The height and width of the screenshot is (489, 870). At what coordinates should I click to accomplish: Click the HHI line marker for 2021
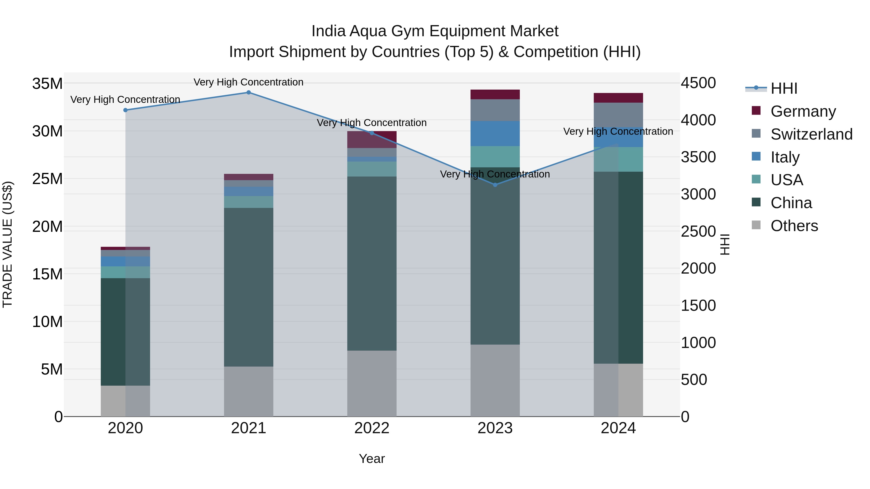[249, 92]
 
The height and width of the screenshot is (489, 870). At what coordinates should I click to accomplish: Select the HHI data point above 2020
[125, 110]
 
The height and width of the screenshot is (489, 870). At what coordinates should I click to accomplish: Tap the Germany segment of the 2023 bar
[495, 94]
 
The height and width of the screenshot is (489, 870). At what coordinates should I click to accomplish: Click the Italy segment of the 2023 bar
[495, 134]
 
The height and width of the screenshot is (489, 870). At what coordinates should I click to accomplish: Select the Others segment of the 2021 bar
[249, 391]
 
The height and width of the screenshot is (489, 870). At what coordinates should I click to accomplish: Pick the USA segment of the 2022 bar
[372, 169]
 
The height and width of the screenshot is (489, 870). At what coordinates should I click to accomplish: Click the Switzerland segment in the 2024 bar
[618, 115]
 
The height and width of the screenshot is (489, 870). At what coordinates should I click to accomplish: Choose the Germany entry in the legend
[803, 111]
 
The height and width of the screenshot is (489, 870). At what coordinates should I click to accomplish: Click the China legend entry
[791, 203]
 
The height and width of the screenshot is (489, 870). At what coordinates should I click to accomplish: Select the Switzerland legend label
[811, 134]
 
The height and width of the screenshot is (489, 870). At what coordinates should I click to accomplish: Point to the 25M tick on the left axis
[47, 179]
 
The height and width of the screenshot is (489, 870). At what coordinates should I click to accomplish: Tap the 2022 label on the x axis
[372, 428]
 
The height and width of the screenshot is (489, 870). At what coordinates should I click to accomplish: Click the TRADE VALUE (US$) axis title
[7, 244]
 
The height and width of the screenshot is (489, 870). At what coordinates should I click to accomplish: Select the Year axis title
[372, 459]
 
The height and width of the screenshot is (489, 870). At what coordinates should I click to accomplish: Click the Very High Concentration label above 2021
[249, 82]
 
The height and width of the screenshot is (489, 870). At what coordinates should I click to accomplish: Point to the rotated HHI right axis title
[725, 244]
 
